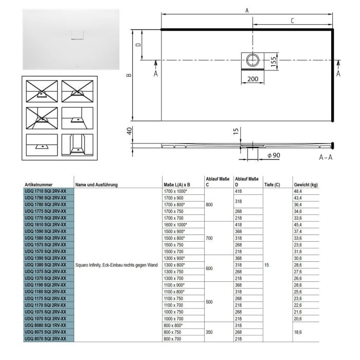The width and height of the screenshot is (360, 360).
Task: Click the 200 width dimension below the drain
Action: tap(253, 79)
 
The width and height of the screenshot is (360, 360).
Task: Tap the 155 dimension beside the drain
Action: tap(274, 60)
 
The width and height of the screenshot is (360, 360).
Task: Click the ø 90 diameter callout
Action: tap(273, 155)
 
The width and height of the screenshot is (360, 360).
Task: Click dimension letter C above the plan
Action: tap(292, 21)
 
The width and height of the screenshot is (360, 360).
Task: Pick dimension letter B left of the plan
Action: tap(129, 75)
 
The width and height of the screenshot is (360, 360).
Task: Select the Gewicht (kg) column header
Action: tap(305, 184)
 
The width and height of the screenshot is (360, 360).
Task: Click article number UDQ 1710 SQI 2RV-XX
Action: tap(45, 191)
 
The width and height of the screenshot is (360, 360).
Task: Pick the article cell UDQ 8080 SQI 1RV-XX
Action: tap(45, 326)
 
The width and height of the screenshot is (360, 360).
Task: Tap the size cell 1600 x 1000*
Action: tap(175, 225)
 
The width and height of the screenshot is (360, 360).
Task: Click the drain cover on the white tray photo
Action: tap(76, 35)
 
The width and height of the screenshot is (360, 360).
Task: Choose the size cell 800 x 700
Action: tap(173, 339)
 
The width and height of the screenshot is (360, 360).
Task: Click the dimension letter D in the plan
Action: tap(138, 45)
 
